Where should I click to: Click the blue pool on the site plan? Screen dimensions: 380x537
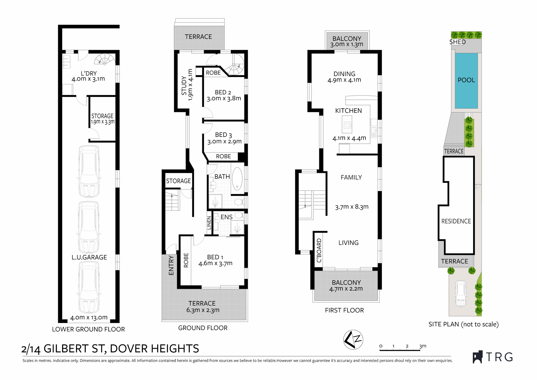pos(466,81)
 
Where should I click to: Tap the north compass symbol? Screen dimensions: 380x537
pos(353,340)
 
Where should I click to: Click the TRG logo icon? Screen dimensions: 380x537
pos(478,357)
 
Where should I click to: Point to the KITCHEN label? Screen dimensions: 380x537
pos(348,111)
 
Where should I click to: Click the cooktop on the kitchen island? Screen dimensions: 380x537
pos(347,125)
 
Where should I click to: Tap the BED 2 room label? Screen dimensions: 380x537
pos(223,92)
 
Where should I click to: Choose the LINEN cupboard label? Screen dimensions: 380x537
pos(209,223)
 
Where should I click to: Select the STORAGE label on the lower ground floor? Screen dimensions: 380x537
pos(102,116)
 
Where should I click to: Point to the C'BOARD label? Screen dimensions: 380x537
pos(319,250)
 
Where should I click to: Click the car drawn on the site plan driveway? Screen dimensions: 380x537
pos(461,293)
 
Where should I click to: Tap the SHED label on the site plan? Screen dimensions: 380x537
pos(458,42)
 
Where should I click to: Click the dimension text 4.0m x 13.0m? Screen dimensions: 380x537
pos(89,317)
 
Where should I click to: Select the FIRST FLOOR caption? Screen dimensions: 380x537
pos(344,310)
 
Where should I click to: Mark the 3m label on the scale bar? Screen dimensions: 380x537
pos(423,346)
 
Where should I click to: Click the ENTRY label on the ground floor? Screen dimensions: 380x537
pos(171,265)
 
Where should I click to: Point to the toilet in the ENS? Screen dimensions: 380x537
pos(239,215)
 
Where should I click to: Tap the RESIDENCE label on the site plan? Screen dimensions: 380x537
pos(456,221)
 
